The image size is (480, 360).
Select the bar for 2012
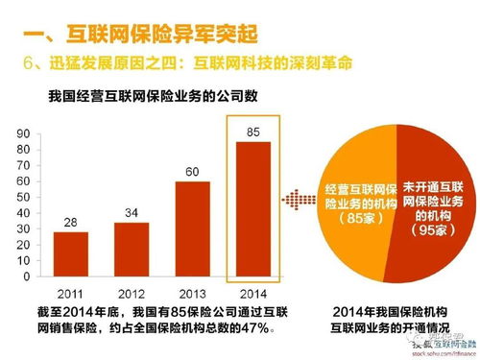(x=131, y=249)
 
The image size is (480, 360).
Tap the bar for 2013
(x=192, y=228)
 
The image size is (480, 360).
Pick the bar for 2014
(x=252, y=207)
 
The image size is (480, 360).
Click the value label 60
(x=192, y=172)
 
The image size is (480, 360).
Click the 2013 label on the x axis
(x=192, y=293)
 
